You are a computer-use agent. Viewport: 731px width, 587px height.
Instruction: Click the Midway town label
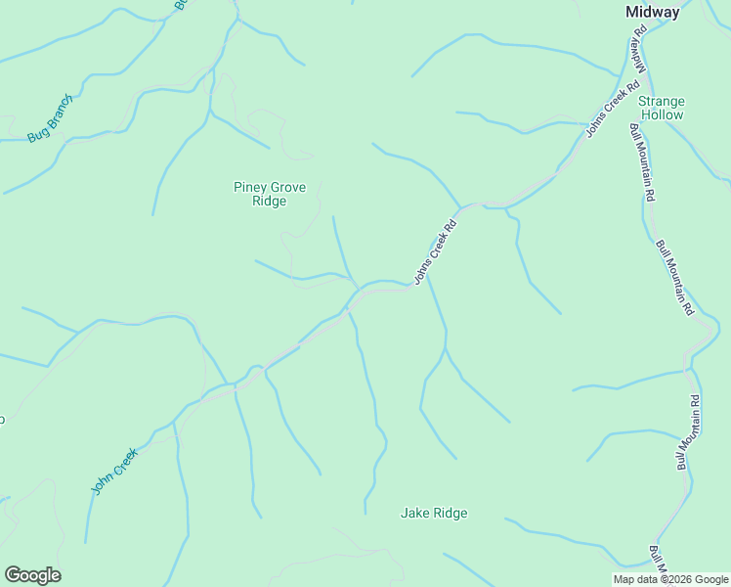[652, 12]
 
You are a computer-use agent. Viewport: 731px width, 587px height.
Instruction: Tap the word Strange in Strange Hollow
[662, 101]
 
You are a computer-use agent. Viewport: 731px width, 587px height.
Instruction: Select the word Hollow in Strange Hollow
[662, 114]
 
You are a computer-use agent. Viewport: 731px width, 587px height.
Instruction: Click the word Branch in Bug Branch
[59, 116]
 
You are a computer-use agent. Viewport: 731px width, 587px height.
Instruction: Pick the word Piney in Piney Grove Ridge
[250, 187]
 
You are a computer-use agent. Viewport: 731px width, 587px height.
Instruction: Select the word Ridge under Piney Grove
[270, 202]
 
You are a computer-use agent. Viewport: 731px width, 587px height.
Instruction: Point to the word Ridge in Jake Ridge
[450, 513]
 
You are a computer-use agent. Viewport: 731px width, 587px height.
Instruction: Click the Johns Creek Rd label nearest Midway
[605, 113]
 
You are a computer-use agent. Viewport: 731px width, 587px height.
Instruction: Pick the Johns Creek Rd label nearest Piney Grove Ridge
[436, 250]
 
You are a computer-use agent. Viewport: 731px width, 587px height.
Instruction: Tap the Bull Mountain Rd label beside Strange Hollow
[642, 161]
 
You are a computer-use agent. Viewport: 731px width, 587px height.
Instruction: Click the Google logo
[32, 575]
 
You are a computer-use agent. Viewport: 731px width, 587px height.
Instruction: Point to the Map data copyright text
[670, 579]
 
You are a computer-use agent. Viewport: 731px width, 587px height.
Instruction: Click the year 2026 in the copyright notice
[680, 579]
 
